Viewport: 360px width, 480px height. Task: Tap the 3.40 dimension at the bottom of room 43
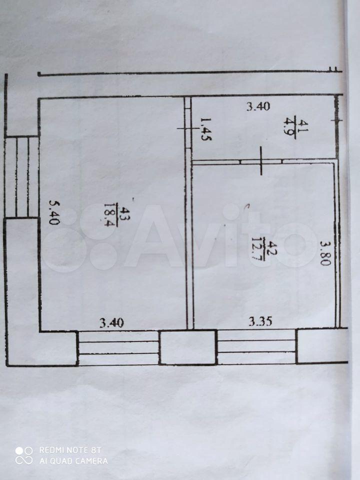pos(111,323)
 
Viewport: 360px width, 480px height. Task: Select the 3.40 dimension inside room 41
pos(258,106)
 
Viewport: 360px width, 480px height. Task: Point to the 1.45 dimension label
pos(206,129)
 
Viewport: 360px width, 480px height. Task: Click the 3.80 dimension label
pos(325,253)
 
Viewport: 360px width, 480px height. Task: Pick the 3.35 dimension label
pos(260,321)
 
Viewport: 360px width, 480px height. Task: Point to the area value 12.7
pos(256,248)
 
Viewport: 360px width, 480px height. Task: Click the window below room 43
pos(118,348)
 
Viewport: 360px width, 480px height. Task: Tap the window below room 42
pos(256,347)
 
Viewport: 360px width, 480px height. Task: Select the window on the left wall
pos(22,177)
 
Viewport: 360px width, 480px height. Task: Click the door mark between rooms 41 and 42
pos(261,161)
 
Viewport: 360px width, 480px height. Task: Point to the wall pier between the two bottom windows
pos(188,347)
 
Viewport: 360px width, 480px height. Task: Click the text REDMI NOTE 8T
pos(70,450)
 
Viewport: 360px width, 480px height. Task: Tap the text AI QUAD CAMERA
pos(73,460)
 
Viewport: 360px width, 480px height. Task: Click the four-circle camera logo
pos(24,455)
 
